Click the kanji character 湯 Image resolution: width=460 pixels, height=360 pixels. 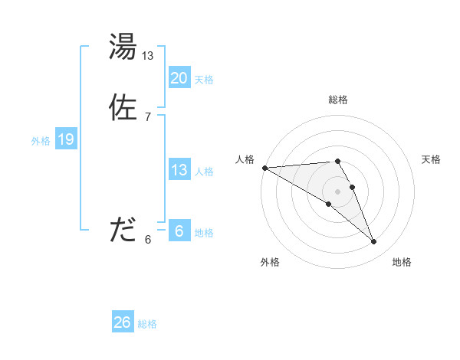(x=123, y=47)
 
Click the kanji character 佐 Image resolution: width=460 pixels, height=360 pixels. (x=123, y=108)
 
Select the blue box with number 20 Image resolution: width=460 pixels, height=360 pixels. (x=179, y=78)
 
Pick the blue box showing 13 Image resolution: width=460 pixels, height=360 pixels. (x=179, y=170)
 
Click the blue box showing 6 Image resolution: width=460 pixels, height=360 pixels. (x=179, y=231)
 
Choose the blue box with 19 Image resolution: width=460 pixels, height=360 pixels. (x=65, y=139)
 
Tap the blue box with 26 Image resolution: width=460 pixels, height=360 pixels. (x=122, y=322)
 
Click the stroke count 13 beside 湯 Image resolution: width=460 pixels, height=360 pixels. (x=148, y=56)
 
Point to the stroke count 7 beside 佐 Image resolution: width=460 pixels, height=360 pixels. (x=148, y=116)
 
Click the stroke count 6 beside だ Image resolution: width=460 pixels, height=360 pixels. (x=148, y=239)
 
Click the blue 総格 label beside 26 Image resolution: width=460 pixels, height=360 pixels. (x=147, y=324)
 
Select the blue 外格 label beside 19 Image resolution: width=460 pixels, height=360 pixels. (x=40, y=141)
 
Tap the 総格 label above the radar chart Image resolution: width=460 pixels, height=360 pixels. (x=337, y=100)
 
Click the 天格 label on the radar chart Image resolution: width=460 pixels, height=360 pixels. (x=431, y=159)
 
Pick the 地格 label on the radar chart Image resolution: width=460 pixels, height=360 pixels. (x=402, y=262)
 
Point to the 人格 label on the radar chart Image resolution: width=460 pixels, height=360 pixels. (x=245, y=159)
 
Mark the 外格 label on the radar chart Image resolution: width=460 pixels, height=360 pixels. (x=270, y=262)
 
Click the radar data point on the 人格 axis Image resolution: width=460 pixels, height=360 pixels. (x=264, y=168)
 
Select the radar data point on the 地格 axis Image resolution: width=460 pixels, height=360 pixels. (x=373, y=242)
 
